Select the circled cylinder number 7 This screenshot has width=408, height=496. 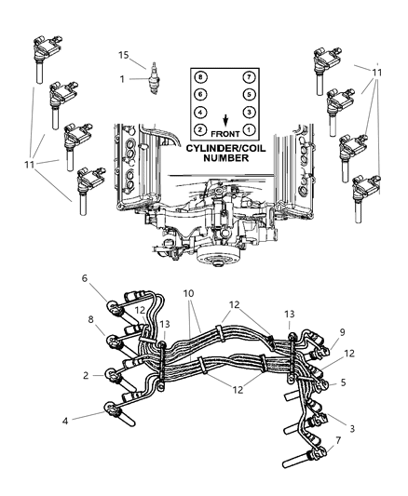click(x=249, y=76)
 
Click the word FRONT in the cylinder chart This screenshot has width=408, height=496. click(x=226, y=132)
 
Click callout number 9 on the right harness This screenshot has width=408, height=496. click(x=344, y=356)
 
